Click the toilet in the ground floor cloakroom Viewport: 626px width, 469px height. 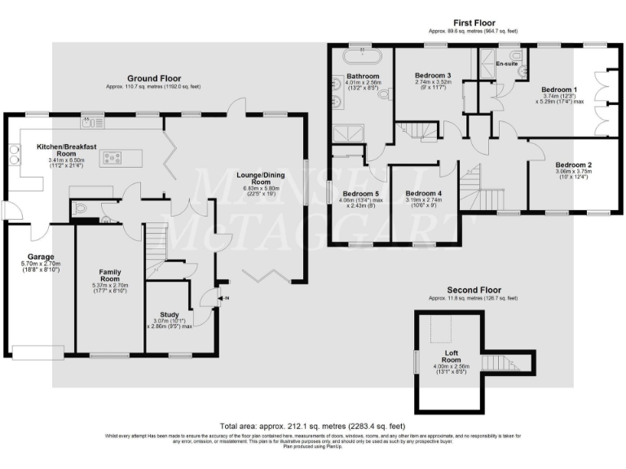coord(79,210)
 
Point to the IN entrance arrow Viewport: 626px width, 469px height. coord(214,298)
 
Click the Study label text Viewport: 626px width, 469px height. coord(170,314)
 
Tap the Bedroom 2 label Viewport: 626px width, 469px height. coord(574,165)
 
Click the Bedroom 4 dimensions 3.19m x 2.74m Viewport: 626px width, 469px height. coord(423,200)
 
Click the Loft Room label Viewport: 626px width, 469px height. coord(451,355)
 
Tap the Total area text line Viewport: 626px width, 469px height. coord(312,426)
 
